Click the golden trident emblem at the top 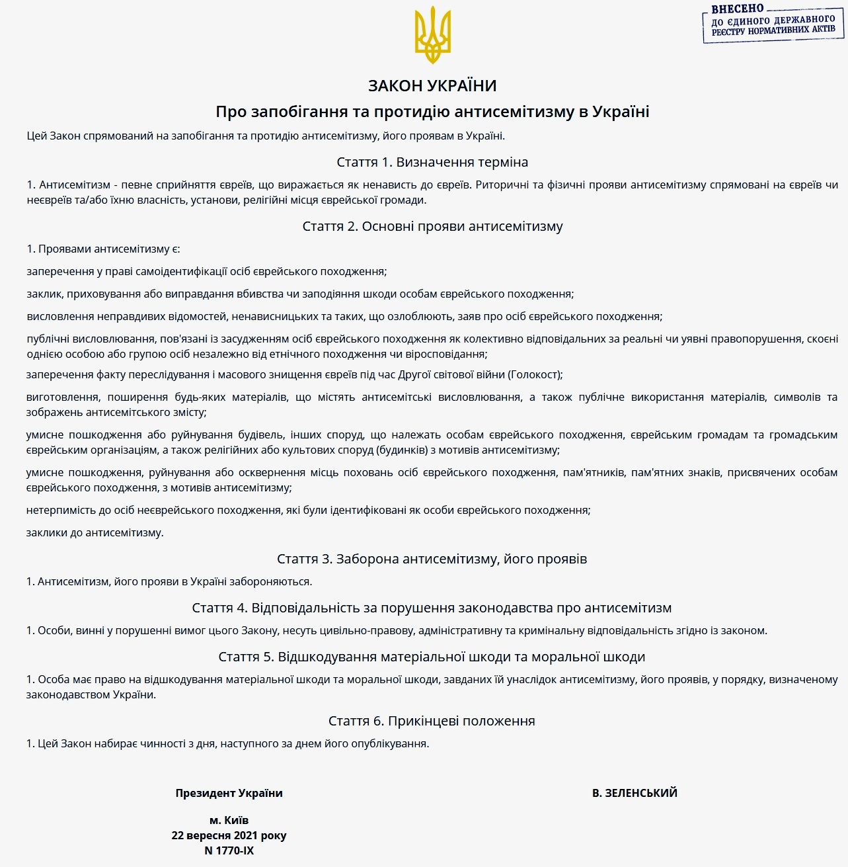click(x=432, y=35)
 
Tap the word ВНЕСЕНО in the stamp click(x=737, y=9)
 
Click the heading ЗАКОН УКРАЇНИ click(x=432, y=85)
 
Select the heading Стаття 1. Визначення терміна click(x=432, y=162)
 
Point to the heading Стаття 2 click(x=432, y=226)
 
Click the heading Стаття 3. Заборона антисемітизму click(x=432, y=559)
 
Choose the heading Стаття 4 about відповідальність click(x=432, y=608)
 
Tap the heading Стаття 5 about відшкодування click(x=432, y=657)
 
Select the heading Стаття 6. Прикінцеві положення click(x=432, y=721)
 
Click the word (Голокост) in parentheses click(x=535, y=375)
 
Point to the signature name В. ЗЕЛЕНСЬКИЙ click(x=635, y=793)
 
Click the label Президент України click(x=229, y=793)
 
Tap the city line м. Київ click(x=229, y=820)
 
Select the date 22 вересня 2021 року click(x=229, y=835)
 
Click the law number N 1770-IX click(x=229, y=850)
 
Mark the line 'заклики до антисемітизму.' click(x=95, y=532)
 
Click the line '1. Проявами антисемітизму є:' click(x=103, y=249)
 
